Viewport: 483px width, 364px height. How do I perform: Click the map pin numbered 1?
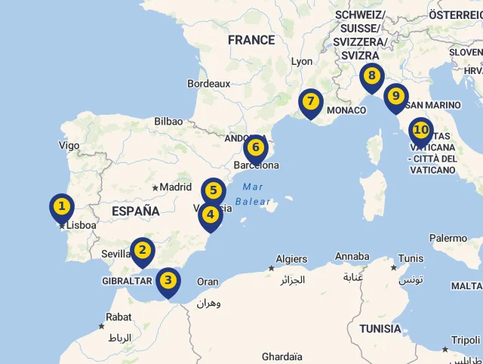coord(62,206)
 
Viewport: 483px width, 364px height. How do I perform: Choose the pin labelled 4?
coord(211,214)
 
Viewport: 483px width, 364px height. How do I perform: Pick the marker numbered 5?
coord(214,191)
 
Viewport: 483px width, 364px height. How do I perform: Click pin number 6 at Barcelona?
coord(256,147)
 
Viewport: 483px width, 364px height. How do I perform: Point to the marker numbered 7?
coord(310,102)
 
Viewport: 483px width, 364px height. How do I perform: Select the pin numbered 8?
coord(372,76)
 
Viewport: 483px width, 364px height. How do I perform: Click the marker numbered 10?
coord(420,131)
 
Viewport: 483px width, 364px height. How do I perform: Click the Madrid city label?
coord(175,187)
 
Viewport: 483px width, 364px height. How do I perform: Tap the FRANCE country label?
coord(251,40)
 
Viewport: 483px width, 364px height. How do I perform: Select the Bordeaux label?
coord(209,83)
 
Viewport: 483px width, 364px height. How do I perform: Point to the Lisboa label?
coord(81,225)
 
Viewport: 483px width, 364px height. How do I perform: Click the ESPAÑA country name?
coord(136,211)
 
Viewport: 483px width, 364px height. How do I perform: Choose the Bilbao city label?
coord(168,121)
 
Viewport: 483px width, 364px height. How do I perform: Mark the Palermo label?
coord(448,239)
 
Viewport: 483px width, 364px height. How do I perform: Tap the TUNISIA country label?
coord(380,329)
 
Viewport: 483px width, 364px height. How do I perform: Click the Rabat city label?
coord(119,317)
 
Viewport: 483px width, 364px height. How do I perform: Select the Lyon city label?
coord(302,61)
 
